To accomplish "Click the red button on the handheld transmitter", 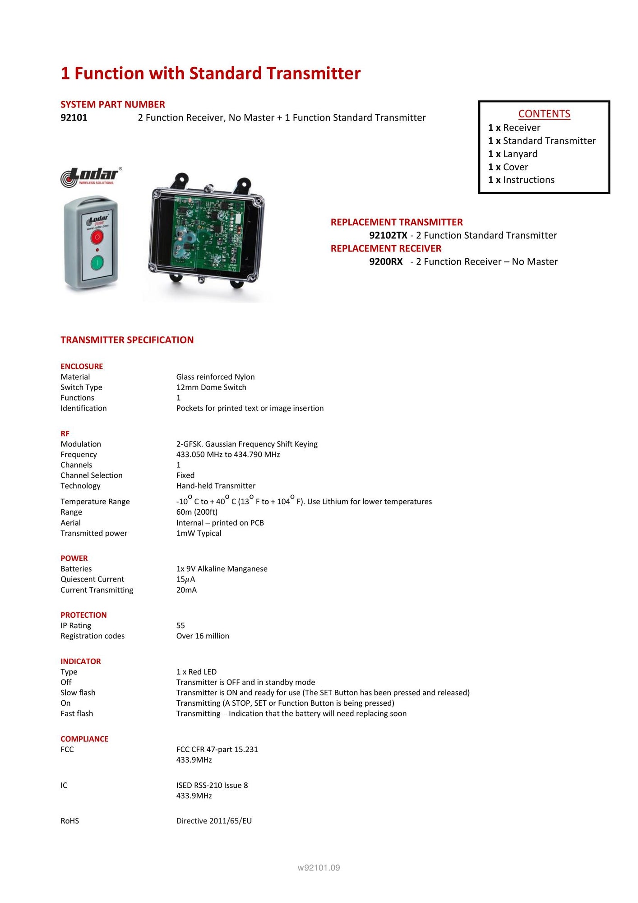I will (97, 237).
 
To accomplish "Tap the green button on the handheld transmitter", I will (97, 262).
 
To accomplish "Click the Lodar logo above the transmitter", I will (92, 177).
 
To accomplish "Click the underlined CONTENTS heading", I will (544, 114).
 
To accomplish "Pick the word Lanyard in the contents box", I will (520, 154).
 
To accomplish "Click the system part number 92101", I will (74, 118).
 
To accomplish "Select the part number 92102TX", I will (388, 235).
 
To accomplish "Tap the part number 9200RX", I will (386, 262).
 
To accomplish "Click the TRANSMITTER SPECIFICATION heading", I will (127, 340).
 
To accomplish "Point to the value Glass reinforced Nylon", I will (215, 377).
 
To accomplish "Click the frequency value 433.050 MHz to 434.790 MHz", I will (228, 455).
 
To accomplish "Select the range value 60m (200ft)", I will (197, 512).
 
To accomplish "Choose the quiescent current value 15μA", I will (185, 579).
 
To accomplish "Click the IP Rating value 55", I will (180, 626).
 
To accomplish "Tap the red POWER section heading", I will (74, 559).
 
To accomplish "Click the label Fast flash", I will (77, 714).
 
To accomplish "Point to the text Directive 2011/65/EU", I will (214, 821).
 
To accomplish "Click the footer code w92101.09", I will (319, 868).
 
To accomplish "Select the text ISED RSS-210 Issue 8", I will (212, 786).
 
